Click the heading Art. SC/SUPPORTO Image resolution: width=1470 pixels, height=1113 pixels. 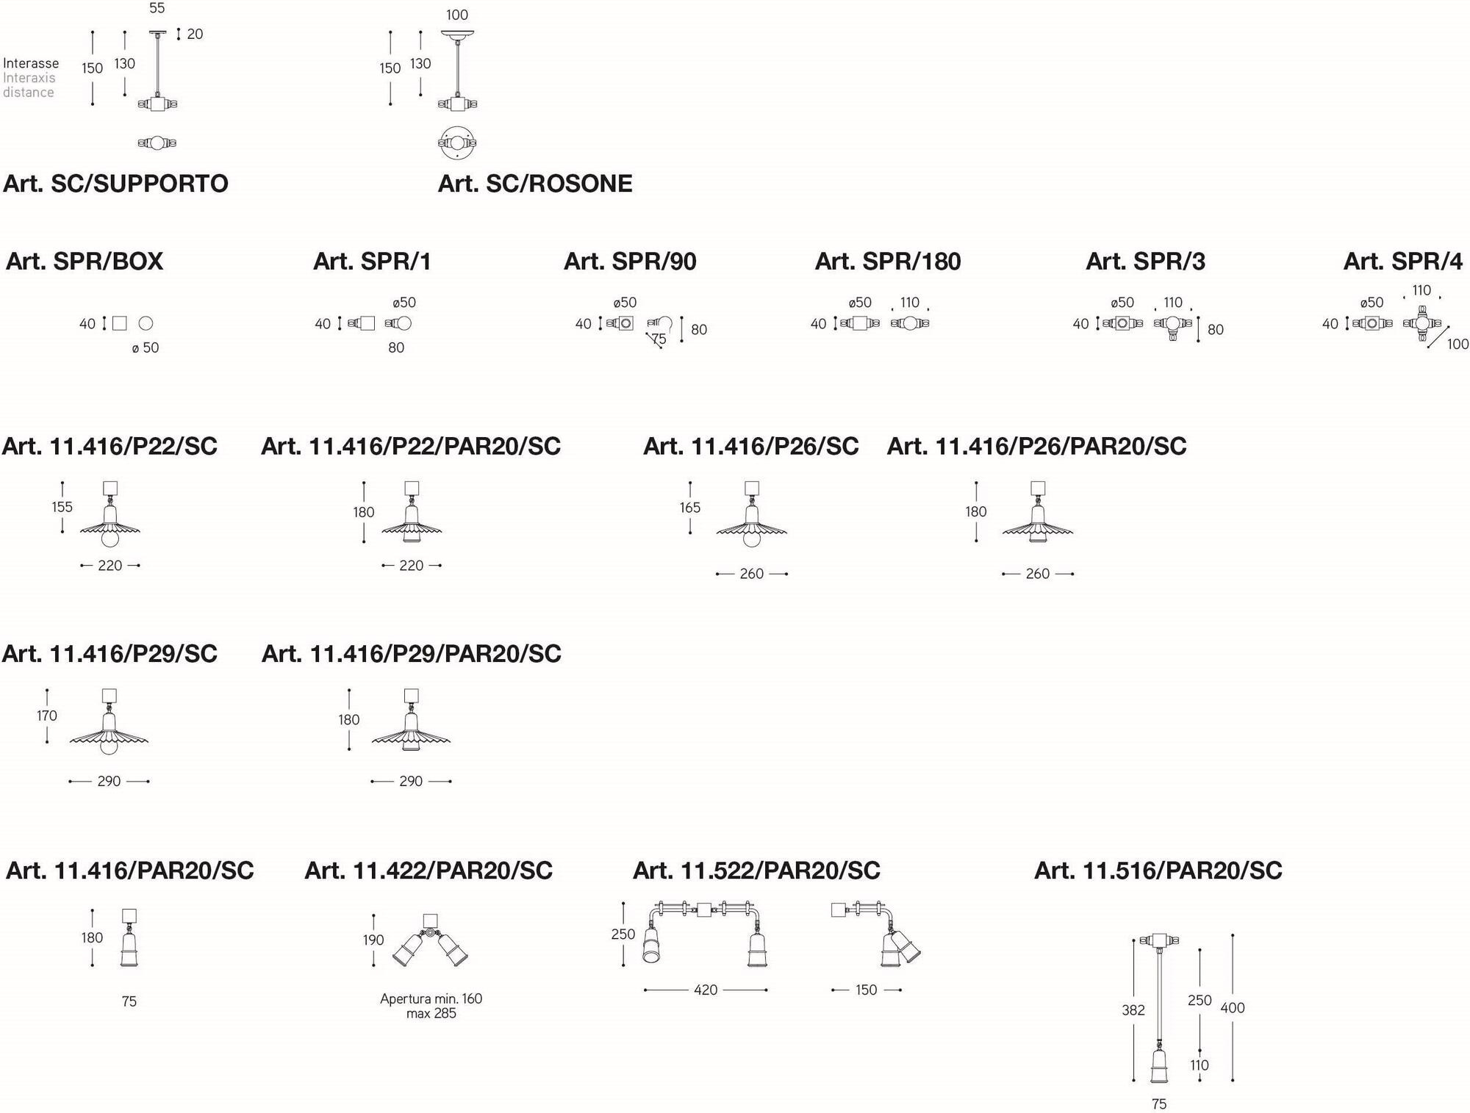(x=115, y=184)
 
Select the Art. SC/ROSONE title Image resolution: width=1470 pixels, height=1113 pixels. (x=535, y=184)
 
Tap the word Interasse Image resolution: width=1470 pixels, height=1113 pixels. (x=31, y=64)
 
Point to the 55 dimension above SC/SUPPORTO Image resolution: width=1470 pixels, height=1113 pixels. (x=157, y=8)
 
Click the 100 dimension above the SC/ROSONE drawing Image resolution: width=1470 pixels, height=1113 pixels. (x=456, y=15)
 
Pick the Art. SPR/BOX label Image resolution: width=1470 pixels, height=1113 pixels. (x=85, y=262)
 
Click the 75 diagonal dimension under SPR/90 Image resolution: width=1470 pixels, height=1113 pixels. (x=659, y=339)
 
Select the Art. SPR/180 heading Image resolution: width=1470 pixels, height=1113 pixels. (x=888, y=262)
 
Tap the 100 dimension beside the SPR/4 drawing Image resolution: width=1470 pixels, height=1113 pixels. (x=1458, y=344)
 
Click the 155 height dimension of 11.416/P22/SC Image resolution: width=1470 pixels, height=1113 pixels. (x=62, y=507)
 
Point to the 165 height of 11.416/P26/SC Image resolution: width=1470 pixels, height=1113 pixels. (x=689, y=508)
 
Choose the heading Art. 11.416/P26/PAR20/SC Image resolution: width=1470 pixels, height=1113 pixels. (x=1036, y=447)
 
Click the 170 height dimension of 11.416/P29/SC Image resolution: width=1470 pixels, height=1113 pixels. (x=47, y=716)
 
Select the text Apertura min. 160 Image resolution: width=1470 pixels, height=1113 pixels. (x=431, y=998)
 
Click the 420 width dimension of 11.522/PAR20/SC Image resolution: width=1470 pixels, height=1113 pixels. (x=706, y=990)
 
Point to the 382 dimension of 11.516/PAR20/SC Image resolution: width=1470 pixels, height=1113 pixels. (x=1133, y=1010)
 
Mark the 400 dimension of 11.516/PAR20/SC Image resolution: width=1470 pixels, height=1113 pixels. (x=1233, y=1008)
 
